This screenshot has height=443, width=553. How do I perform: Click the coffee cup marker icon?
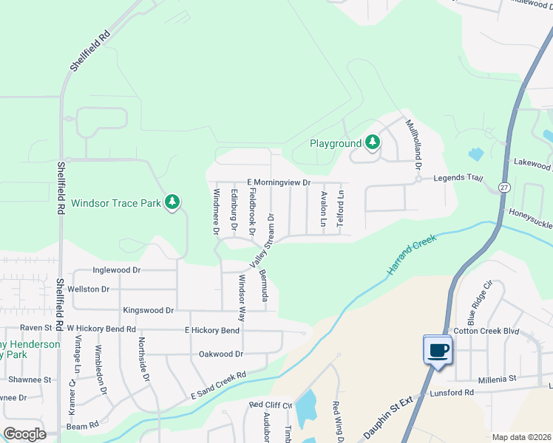(437, 348)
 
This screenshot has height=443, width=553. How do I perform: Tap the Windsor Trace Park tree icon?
(172, 202)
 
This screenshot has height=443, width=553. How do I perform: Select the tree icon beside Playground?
(373, 142)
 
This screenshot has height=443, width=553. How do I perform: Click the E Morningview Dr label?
(278, 182)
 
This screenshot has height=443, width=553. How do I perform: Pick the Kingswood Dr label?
(149, 311)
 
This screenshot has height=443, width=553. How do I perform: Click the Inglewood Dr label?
(116, 271)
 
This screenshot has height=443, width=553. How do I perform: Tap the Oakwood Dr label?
(221, 354)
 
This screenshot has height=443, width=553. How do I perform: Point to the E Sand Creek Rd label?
(218, 388)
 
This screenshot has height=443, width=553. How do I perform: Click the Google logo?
(24, 433)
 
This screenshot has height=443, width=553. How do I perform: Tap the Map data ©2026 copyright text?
(521, 437)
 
